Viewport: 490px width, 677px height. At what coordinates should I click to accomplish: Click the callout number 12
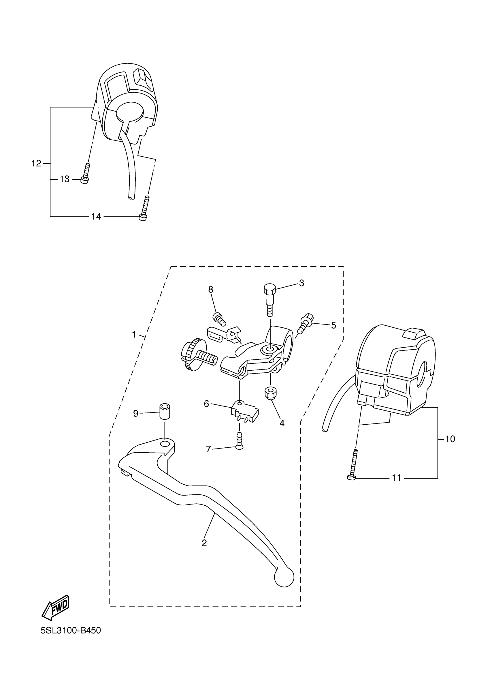click(36, 163)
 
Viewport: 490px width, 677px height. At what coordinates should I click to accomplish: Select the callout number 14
click(96, 216)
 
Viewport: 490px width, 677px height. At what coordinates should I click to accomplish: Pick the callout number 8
click(211, 289)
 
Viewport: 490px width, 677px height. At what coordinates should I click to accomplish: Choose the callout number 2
click(204, 543)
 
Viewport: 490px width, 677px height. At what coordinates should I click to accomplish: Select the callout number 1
click(134, 335)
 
